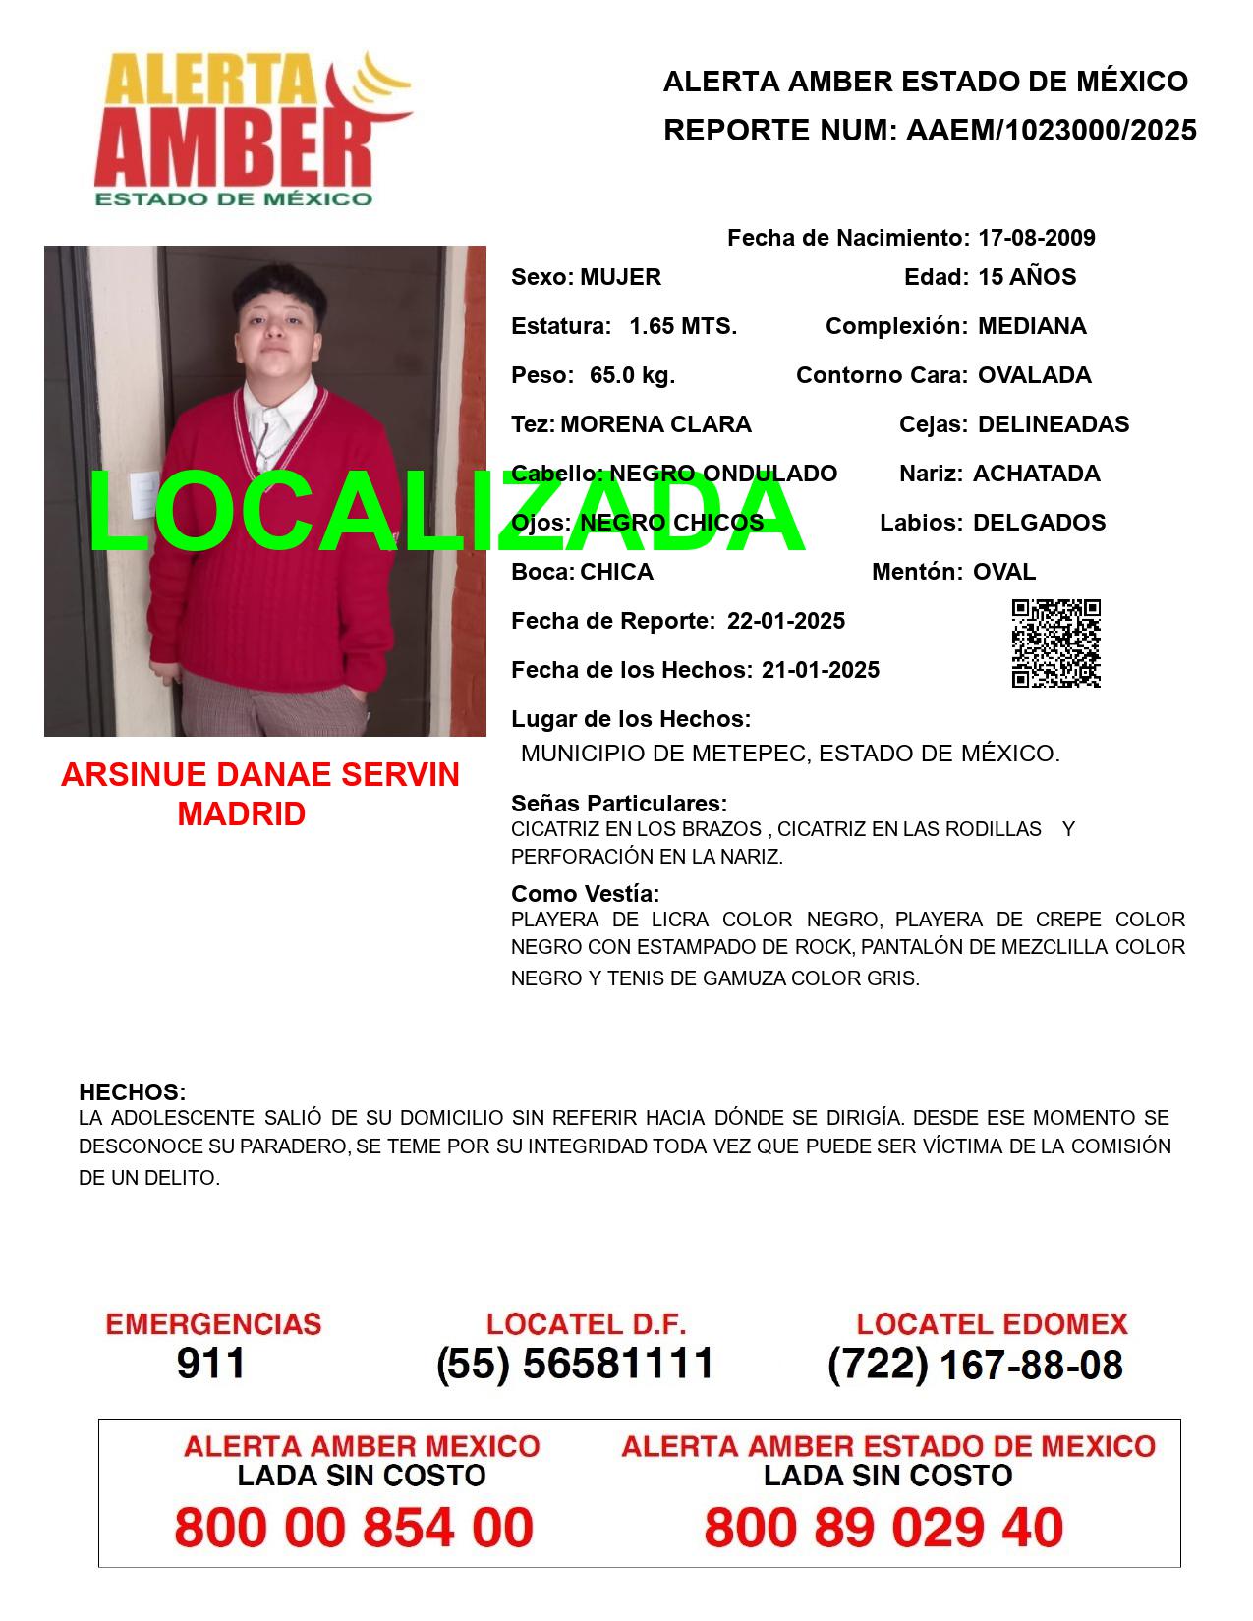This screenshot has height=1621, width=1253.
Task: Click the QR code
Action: coord(1056,643)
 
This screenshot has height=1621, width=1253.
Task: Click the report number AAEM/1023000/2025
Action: coord(1051,131)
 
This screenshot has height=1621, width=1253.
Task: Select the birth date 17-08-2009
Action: coord(1036,238)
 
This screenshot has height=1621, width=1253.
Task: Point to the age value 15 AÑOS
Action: coord(1027,277)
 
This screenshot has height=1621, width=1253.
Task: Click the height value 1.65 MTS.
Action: coord(683,326)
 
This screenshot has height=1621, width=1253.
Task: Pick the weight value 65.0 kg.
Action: coord(632,375)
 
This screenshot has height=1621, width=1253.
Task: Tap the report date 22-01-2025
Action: coord(786,621)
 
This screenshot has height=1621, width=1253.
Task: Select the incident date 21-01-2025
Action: coord(821,670)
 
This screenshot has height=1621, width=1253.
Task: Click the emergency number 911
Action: coord(211,1364)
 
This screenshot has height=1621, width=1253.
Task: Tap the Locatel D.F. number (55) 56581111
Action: coord(576,1364)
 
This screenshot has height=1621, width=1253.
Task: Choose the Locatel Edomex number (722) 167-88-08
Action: coord(975,1365)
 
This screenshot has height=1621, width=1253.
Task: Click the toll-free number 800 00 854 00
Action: coord(354,1528)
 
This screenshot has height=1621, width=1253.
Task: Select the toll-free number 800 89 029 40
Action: coord(883,1528)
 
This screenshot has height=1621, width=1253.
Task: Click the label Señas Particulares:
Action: coord(619,804)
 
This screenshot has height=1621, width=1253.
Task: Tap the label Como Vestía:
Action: coord(586,894)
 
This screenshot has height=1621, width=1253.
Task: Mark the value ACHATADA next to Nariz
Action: coord(1036,474)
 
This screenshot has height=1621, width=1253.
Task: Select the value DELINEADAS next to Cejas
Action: coord(1054,424)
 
